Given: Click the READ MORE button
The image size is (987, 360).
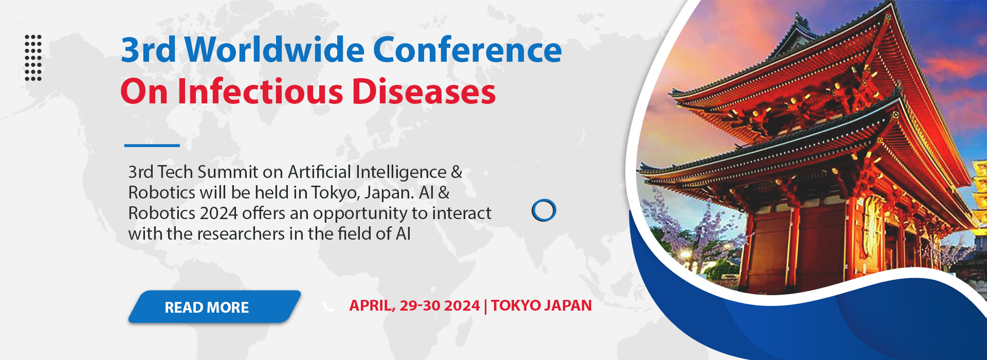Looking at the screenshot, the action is click(x=214, y=307).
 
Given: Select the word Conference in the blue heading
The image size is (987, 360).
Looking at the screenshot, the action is click(x=467, y=50).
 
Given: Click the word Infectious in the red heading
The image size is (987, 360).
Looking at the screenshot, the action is click(x=260, y=92).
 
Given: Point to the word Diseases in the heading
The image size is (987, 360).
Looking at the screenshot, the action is click(x=424, y=92).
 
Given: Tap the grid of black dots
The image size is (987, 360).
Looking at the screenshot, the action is click(x=33, y=58).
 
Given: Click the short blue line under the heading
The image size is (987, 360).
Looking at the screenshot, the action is click(x=152, y=146).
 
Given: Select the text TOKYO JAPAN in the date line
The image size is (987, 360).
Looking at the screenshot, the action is click(x=541, y=305).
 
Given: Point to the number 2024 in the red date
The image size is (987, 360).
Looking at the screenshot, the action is click(x=462, y=305).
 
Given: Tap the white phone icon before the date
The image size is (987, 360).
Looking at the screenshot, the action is click(x=328, y=307).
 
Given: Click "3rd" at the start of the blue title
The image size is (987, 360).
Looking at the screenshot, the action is click(x=149, y=50).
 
